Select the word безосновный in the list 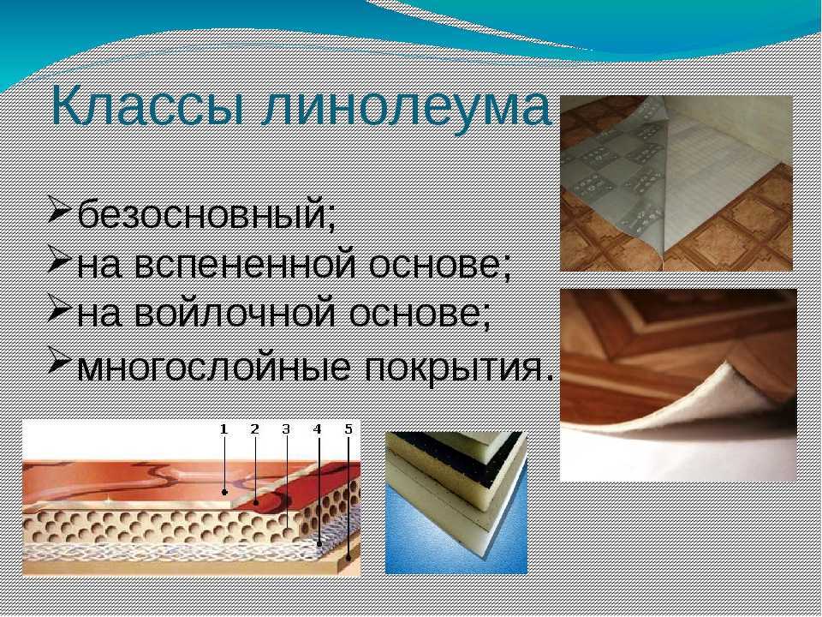click(205, 214)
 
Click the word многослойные click(213, 366)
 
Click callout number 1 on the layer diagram click(223, 429)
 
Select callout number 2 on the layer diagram click(255, 429)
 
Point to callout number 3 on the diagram click(286, 429)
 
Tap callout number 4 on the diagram click(317, 429)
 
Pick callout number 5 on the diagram click(348, 429)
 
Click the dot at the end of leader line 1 click(224, 492)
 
